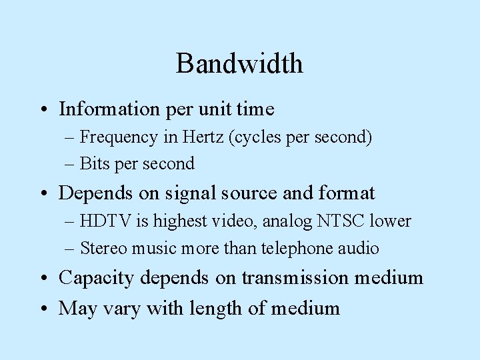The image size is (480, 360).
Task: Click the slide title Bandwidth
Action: [239, 64]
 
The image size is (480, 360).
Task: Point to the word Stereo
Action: [101, 249]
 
